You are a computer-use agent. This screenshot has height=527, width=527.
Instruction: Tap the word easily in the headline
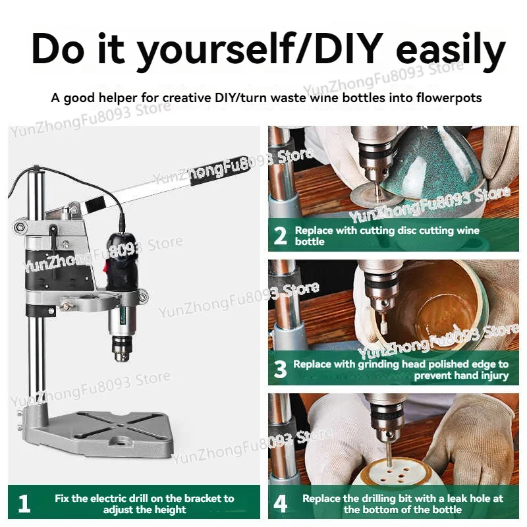point(451,51)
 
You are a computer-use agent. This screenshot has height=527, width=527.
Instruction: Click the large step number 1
point(24,503)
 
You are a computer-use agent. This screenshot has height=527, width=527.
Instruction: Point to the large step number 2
point(281,235)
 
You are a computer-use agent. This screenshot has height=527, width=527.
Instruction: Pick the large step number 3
point(281,370)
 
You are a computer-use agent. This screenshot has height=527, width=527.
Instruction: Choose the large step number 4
point(281,503)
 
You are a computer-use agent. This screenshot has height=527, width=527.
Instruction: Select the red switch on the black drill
point(105,267)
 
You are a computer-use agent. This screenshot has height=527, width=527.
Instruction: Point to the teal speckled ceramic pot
point(433,175)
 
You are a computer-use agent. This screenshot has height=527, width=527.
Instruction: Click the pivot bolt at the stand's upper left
point(20,227)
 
